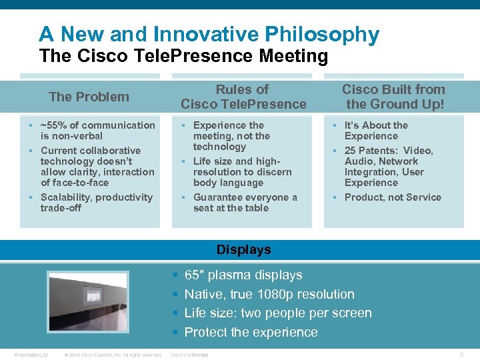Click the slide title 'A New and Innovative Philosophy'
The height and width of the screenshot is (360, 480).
pos(209,34)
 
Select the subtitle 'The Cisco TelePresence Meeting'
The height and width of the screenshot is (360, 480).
pos(183,56)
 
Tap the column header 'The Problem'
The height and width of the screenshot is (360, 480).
pos(89,97)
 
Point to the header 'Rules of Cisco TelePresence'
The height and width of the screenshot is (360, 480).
pos(243,97)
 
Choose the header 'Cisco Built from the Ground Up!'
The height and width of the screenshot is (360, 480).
pos(393,97)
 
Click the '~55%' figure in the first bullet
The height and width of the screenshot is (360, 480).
pos(54,125)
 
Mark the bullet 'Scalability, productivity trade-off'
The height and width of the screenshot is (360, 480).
pos(97,202)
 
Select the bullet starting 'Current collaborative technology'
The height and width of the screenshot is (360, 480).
pos(97,166)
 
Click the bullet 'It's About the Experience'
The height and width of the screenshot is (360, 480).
pos(376,130)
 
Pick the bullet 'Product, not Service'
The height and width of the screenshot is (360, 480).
pos(393,197)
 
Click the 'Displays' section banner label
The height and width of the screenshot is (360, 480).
pos(244,250)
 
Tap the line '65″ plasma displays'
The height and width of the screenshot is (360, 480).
pos(243,275)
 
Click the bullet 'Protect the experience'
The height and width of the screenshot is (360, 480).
pos(251,332)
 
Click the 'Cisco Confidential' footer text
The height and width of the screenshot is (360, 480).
pos(190,355)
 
